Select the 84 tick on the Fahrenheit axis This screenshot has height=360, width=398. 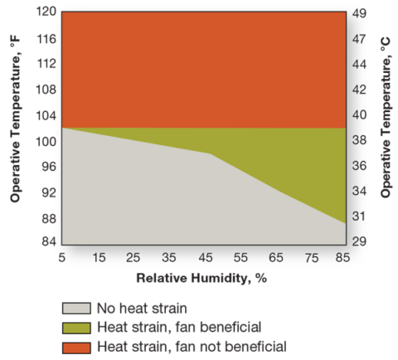pos(47,241)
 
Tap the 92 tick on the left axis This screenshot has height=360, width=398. pos(47,192)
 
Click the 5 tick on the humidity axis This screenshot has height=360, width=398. pos(63,257)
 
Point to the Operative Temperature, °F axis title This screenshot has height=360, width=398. pos(15,129)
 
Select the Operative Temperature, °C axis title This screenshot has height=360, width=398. pos(386,129)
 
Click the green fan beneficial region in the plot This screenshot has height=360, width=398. pos(298,162)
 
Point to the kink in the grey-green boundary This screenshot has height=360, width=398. pos(211,153)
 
